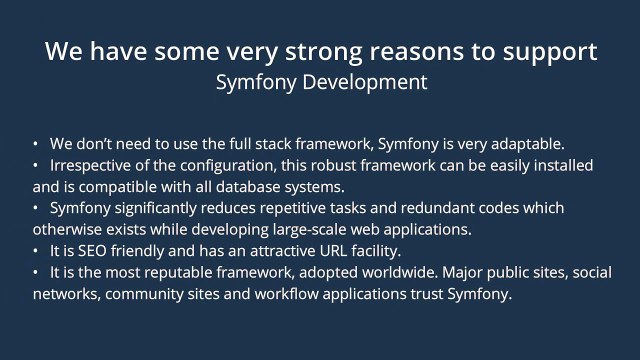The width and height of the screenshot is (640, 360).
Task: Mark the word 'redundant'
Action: [x=444, y=208]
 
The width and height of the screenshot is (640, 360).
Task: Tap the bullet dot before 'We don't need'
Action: [x=36, y=143]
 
